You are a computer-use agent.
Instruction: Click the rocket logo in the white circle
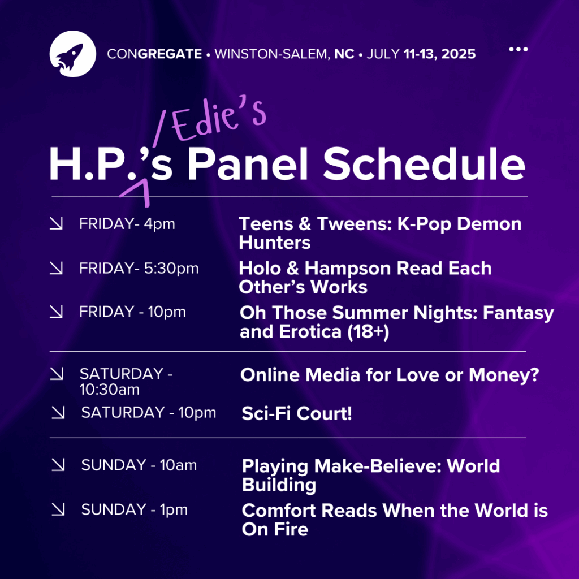73,54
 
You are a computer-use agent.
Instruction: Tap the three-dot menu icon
518,49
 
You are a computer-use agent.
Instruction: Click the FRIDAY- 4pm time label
127,224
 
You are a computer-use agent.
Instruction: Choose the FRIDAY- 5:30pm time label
139,269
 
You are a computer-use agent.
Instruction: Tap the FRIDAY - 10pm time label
132,312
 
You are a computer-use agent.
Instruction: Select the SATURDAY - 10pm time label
149,412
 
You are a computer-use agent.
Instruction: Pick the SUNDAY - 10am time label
139,465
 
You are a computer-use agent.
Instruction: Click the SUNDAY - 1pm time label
135,509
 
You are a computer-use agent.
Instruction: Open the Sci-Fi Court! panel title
296,413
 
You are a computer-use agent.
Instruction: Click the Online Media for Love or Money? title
390,375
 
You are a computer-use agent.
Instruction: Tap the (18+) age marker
368,331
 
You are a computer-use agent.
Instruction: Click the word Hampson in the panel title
348,269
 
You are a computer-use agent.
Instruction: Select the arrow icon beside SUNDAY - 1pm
58,509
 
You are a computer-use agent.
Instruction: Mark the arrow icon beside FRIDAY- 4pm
56,223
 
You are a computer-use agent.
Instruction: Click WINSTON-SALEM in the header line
271,54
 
